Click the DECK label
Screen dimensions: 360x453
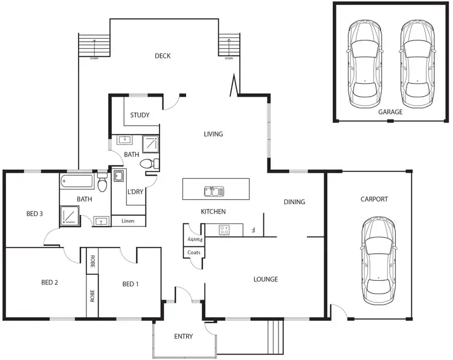[162, 56]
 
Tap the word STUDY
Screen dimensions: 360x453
[140, 115]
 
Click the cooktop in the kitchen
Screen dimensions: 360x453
[226, 230]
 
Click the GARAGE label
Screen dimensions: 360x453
[390, 112]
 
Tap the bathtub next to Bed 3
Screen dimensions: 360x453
[78, 181]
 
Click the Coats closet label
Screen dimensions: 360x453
[194, 252]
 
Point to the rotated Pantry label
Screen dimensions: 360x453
[194, 240]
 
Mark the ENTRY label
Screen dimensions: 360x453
[183, 336]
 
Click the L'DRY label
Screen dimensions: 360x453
[135, 192]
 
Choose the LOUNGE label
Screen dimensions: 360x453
[265, 280]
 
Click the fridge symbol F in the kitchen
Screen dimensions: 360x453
[254, 230]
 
